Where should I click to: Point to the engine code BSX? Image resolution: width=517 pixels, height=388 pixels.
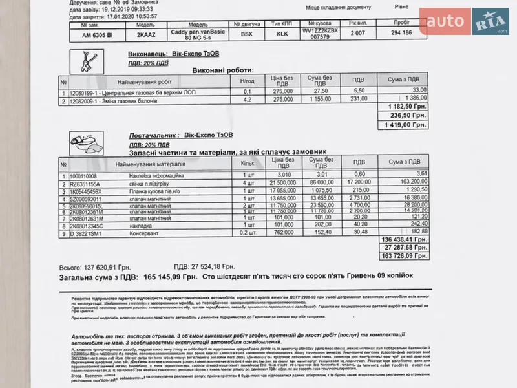(247, 34)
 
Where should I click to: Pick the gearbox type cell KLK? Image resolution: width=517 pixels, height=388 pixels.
(282, 34)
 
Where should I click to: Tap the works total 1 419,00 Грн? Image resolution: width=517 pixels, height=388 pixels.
(405, 124)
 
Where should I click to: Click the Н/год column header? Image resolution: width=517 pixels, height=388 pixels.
(247, 82)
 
